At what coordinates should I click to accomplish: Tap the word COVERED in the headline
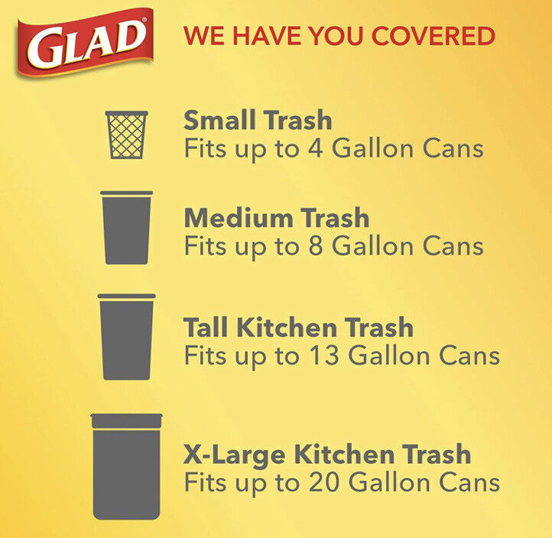pyautogui.click(x=433, y=36)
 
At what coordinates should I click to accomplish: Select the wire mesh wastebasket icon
pyautogui.click(x=126, y=134)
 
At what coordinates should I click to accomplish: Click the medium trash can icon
pyautogui.click(x=126, y=228)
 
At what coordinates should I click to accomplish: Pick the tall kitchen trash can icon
pyautogui.click(x=126, y=337)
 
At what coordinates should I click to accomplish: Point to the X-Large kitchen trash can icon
pyautogui.click(x=126, y=467)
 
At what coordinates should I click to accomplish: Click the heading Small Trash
pyautogui.click(x=258, y=120)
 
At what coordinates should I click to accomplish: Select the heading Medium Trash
pyautogui.click(x=276, y=218)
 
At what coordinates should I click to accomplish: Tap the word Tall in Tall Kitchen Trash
pyautogui.click(x=206, y=327)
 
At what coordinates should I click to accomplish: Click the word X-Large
pyautogui.click(x=235, y=454)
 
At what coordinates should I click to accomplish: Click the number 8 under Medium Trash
pyautogui.click(x=316, y=245)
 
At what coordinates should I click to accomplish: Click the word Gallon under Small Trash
pyautogui.click(x=372, y=148)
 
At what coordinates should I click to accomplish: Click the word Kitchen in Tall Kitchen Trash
pyautogui.click(x=287, y=327)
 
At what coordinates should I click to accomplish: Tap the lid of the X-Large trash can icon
pyautogui.click(x=126, y=420)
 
